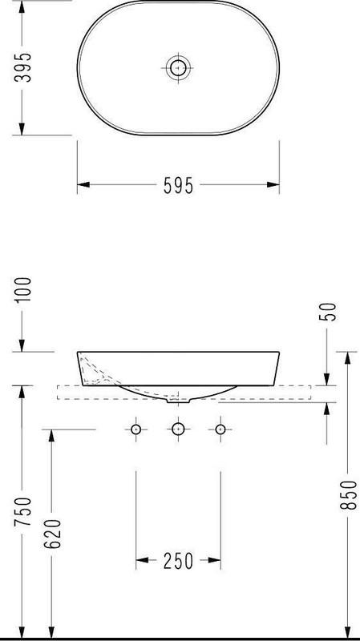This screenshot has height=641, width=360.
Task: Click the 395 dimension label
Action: pos(22,67)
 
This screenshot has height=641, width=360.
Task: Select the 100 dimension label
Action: pos(22,289)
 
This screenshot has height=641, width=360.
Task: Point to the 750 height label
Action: pos(22,512)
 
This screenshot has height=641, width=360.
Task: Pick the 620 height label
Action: pos(52,534)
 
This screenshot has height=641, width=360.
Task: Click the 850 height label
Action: pos(348,495)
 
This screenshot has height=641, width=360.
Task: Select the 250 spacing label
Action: pos(178,562)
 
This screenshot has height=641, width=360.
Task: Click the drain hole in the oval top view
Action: pos(178,67)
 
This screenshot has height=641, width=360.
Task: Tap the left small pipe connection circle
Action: pos(136,429)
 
